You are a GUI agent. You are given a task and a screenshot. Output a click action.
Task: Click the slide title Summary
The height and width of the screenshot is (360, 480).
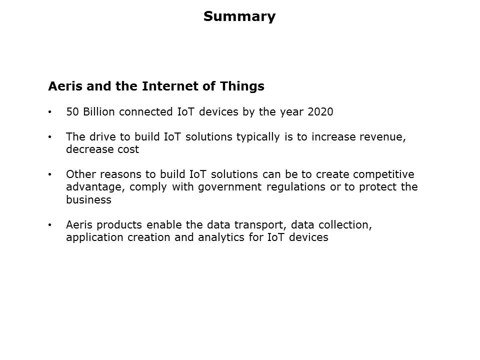(239, 16)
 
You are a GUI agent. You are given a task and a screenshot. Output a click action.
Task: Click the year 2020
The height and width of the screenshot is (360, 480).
(320, 112)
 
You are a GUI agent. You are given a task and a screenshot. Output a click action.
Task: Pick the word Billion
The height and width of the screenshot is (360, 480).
(99, 112)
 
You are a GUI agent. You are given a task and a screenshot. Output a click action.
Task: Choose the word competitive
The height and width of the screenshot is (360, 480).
(384, 174)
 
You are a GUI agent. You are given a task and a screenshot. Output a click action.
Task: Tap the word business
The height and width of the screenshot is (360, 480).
(88, 199)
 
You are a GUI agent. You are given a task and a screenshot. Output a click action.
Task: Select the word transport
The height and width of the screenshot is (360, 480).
(259, 225)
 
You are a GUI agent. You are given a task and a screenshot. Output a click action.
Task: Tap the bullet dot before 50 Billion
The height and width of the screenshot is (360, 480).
(49, 112)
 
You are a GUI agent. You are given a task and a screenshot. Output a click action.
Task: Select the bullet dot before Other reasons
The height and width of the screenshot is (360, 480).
(49, 175)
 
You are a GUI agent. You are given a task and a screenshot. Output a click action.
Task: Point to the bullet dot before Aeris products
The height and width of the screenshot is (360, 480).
(49, 225)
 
